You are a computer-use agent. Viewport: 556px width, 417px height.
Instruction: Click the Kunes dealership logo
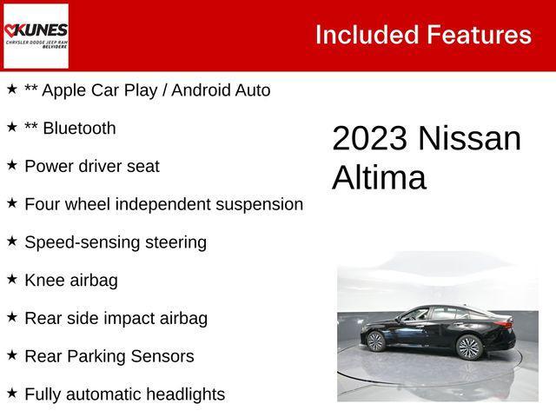click(x=36, y=36)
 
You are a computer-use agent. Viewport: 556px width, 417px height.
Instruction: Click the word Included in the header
click(x=366, y=35)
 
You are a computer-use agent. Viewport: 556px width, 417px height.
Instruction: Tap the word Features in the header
click(x=478, y=35)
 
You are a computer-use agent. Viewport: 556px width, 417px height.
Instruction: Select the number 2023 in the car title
click(x=369, y=139)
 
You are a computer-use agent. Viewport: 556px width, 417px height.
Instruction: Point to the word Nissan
click(x=470, y=139)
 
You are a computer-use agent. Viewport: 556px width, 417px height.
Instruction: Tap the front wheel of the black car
click(x=375, y=341)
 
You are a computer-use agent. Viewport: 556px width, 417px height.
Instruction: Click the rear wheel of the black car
click(x=469, y=347)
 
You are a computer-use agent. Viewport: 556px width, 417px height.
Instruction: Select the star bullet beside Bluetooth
click(x=12, y=127)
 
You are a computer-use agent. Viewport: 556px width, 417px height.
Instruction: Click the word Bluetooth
click(x=79, y=129)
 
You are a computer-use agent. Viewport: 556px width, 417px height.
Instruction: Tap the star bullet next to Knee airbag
click(x=12, y=279)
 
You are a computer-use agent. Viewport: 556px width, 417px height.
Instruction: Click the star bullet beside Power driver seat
click(x=12, y=164)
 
